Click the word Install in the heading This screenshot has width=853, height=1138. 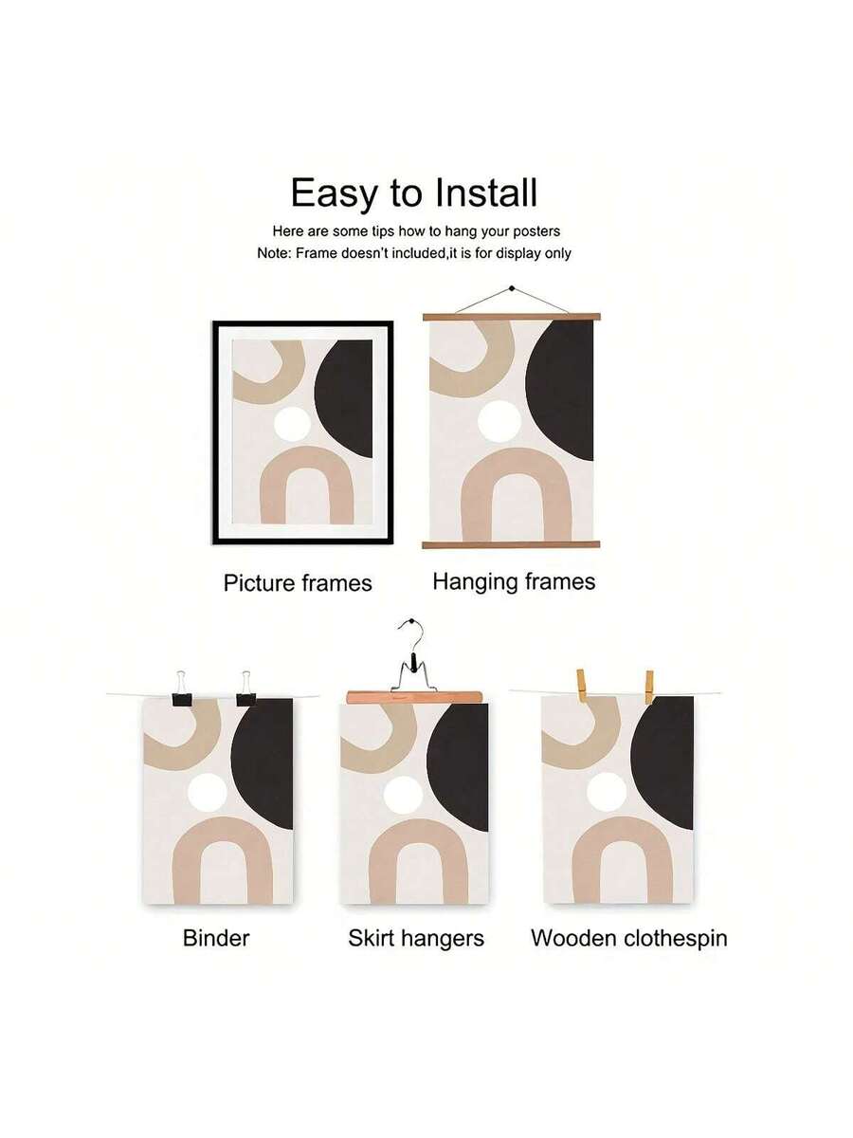coord(485,193)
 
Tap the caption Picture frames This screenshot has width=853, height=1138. coord(298,582)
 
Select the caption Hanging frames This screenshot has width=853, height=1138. coord(514,582)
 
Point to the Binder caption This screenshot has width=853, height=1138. coord(215,938)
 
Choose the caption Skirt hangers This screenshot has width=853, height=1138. coord(416,939)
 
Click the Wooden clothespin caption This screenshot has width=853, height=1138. coord(628,939)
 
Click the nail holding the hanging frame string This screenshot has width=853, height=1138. coord(512,288)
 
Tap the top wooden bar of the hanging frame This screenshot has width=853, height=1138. coord(511,317)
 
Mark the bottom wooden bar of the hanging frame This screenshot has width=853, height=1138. coord(511,544)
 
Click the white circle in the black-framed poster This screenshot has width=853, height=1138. coord(293,423)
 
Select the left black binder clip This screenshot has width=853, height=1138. coord(182,689)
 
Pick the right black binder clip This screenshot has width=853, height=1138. coord(246,689)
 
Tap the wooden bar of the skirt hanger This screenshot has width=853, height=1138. coord(414,697)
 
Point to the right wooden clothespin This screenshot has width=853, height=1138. coord(649,687)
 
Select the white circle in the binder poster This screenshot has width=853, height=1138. coord(208,793)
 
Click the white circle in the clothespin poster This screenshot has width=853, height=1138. coord(607,792)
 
